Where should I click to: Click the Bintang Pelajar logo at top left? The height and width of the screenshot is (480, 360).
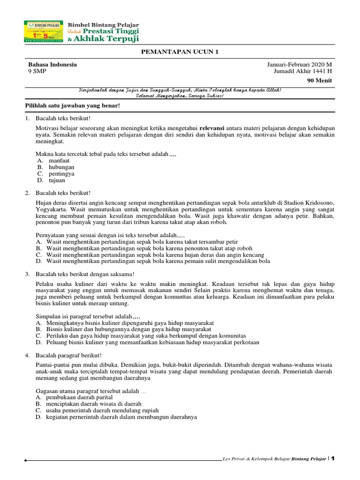pos(44,32)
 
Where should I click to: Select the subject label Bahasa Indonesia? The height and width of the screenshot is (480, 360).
pos(52,65)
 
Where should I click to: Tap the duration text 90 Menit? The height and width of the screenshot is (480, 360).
pos(319,81)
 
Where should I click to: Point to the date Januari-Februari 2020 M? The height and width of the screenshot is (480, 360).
pos(299,65)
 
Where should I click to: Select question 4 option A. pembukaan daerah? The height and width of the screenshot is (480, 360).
pos(75,397)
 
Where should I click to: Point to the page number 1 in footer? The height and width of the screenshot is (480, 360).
pos(333,458)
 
